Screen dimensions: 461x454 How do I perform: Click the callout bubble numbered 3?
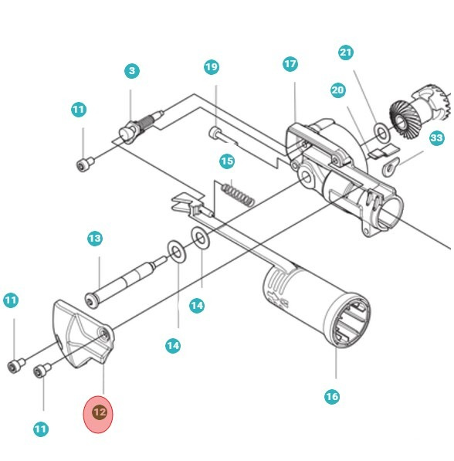tap(131, 71)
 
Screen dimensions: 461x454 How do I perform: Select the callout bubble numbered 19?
tap(212, 67)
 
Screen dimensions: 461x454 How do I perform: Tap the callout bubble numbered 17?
tap(290, 63)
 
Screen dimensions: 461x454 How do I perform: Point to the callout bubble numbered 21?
tap(346, 53)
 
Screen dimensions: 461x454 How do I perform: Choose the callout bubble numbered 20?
tap(337, 90)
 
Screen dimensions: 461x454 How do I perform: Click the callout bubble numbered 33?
tap(437, 138)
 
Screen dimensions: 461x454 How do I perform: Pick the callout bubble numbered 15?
tap(226, 161)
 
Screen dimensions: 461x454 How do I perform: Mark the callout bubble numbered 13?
tap(94, 239)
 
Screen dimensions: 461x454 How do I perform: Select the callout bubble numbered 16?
tap(331, 397)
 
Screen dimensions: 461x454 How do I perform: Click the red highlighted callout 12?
tap(99, 412)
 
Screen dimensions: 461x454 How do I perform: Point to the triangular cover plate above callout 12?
tap(82, 336)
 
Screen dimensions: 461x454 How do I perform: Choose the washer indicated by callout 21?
tap(382, 131)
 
